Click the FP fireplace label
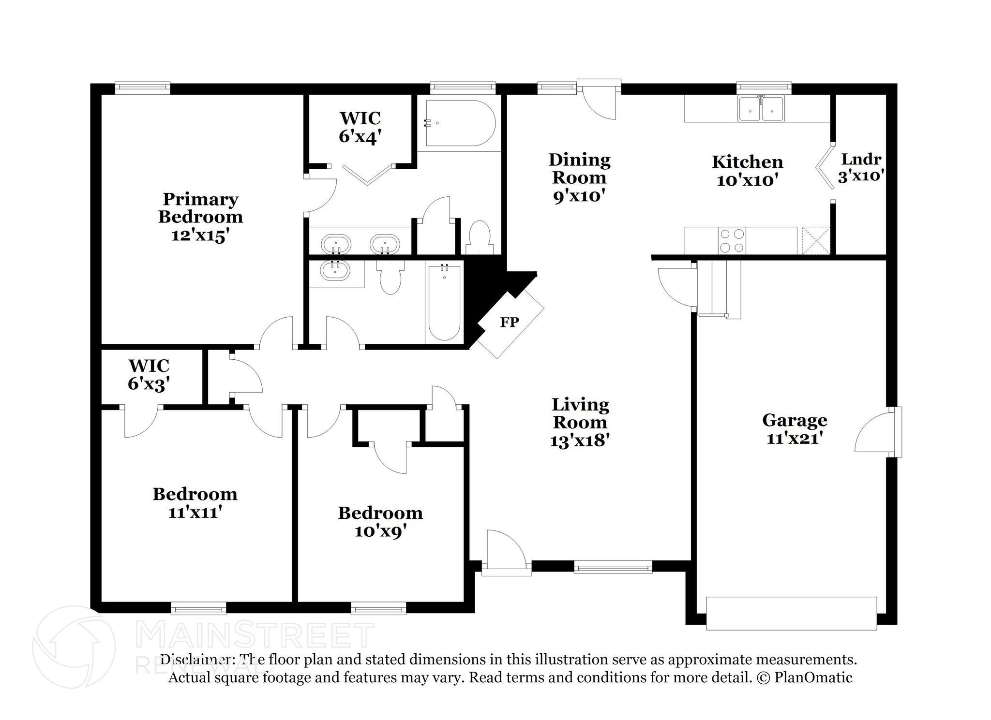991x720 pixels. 509,322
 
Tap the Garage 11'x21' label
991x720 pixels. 795,428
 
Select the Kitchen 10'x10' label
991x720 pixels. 747,170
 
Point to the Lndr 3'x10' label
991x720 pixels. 861,167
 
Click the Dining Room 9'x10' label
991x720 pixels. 579,177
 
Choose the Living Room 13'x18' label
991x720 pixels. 580,422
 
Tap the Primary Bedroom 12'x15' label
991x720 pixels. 200,217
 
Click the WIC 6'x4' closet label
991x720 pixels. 360,128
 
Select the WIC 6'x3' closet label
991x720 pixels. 149,375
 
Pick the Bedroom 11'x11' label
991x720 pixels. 195,502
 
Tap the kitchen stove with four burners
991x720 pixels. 732,240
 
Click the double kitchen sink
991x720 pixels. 761,108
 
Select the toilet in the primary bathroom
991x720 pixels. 480,237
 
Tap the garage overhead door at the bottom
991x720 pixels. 791,613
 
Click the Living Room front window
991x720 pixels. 613,567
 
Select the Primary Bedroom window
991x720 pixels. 143,88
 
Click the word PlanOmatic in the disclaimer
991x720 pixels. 813,677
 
